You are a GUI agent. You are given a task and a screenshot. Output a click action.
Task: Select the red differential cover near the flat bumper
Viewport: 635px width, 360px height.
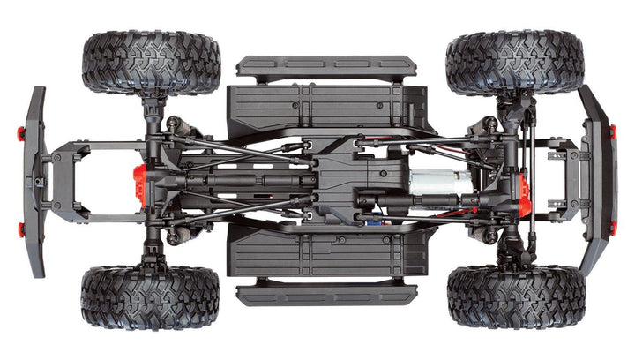coord(139,184)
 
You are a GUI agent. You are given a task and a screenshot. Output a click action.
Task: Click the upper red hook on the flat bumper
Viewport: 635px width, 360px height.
coord(21,133)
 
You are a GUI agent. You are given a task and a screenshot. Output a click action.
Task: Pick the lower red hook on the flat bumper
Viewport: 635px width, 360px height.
coord(21,229)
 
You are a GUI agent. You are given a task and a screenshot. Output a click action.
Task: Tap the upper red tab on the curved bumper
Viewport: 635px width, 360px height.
coord(611,131)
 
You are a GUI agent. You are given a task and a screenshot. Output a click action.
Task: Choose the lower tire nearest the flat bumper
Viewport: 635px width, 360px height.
coord(151,297)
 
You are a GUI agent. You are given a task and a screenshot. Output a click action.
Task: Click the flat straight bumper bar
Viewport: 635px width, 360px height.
coord(36,181)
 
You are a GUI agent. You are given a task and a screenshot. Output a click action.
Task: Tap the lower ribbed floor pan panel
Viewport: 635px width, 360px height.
coord(326,252)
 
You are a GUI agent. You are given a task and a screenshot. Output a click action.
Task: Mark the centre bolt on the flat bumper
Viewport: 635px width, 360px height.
coord(37,181)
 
